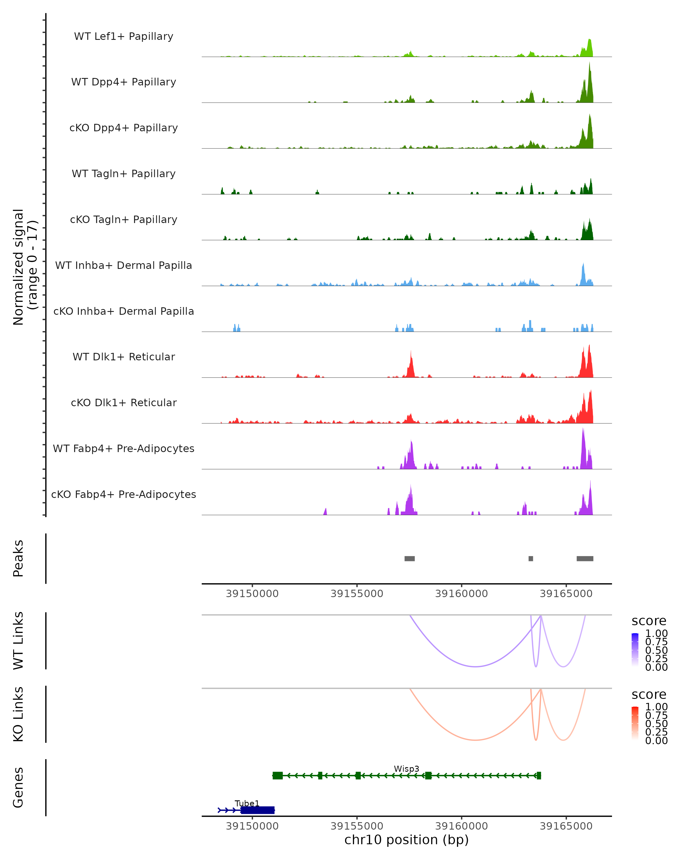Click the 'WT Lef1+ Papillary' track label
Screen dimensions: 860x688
pos(124,36)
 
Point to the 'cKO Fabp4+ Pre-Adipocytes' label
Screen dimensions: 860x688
pos(124,494)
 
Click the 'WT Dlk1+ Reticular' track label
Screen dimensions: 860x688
pos(124,357)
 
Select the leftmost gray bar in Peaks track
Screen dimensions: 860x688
pos(410,558)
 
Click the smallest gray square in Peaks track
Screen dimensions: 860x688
pos(530,558)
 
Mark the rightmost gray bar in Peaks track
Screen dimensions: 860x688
pos(585,558)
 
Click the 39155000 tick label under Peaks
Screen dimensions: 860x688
pos(357,594)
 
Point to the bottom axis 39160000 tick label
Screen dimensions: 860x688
pos(462,826)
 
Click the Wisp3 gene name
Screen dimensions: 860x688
pos(406,769)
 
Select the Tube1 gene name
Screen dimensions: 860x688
pos(247,803)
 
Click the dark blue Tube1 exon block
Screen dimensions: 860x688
pos(258,810)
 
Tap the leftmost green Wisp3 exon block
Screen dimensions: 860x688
pos(277,775)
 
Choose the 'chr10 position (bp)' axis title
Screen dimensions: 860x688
pos(406,840)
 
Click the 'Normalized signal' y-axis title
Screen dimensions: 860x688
pos(18,267)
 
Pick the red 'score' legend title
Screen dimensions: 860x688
pos(648,695)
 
